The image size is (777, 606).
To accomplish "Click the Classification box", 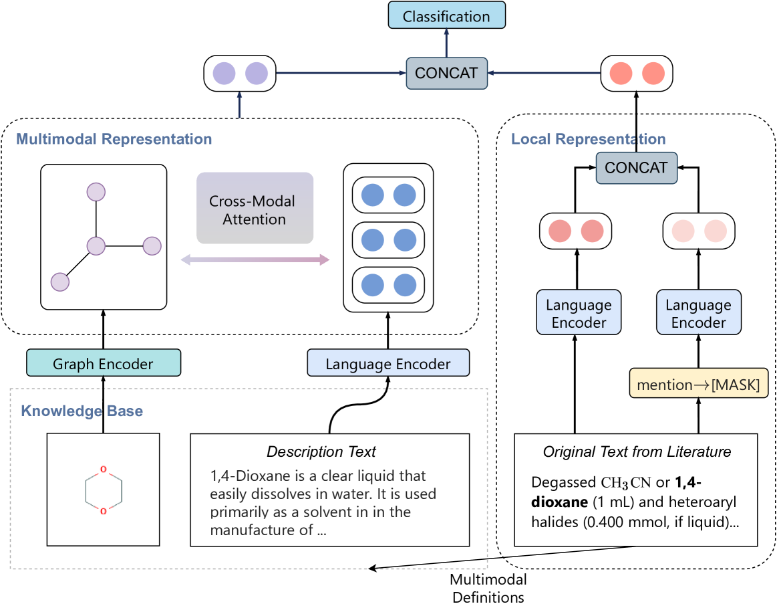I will pos(446,15).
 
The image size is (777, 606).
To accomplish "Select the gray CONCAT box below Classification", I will pos(446,73).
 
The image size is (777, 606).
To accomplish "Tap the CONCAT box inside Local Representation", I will pos(636,167).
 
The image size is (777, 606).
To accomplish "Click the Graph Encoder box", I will pos(104,364).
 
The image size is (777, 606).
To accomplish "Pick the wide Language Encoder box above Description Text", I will pos(388,364).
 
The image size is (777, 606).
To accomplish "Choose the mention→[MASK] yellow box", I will pos(698,385).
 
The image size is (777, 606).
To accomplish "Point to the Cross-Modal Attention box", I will pos(255,209).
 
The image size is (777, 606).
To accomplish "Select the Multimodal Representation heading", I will pos(114,139).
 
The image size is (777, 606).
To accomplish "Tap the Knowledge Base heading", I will pos(82,410).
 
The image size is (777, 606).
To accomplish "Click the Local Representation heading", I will pos(588,139).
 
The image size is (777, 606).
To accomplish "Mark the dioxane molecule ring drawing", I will pos(103,490).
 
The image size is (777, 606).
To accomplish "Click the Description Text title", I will pos(321,451).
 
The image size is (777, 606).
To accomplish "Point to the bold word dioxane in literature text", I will pos(557,502).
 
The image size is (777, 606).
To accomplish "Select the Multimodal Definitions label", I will pos(488,587).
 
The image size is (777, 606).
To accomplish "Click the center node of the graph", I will pos(97,245).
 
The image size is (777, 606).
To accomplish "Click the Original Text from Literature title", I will pos(637,451).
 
